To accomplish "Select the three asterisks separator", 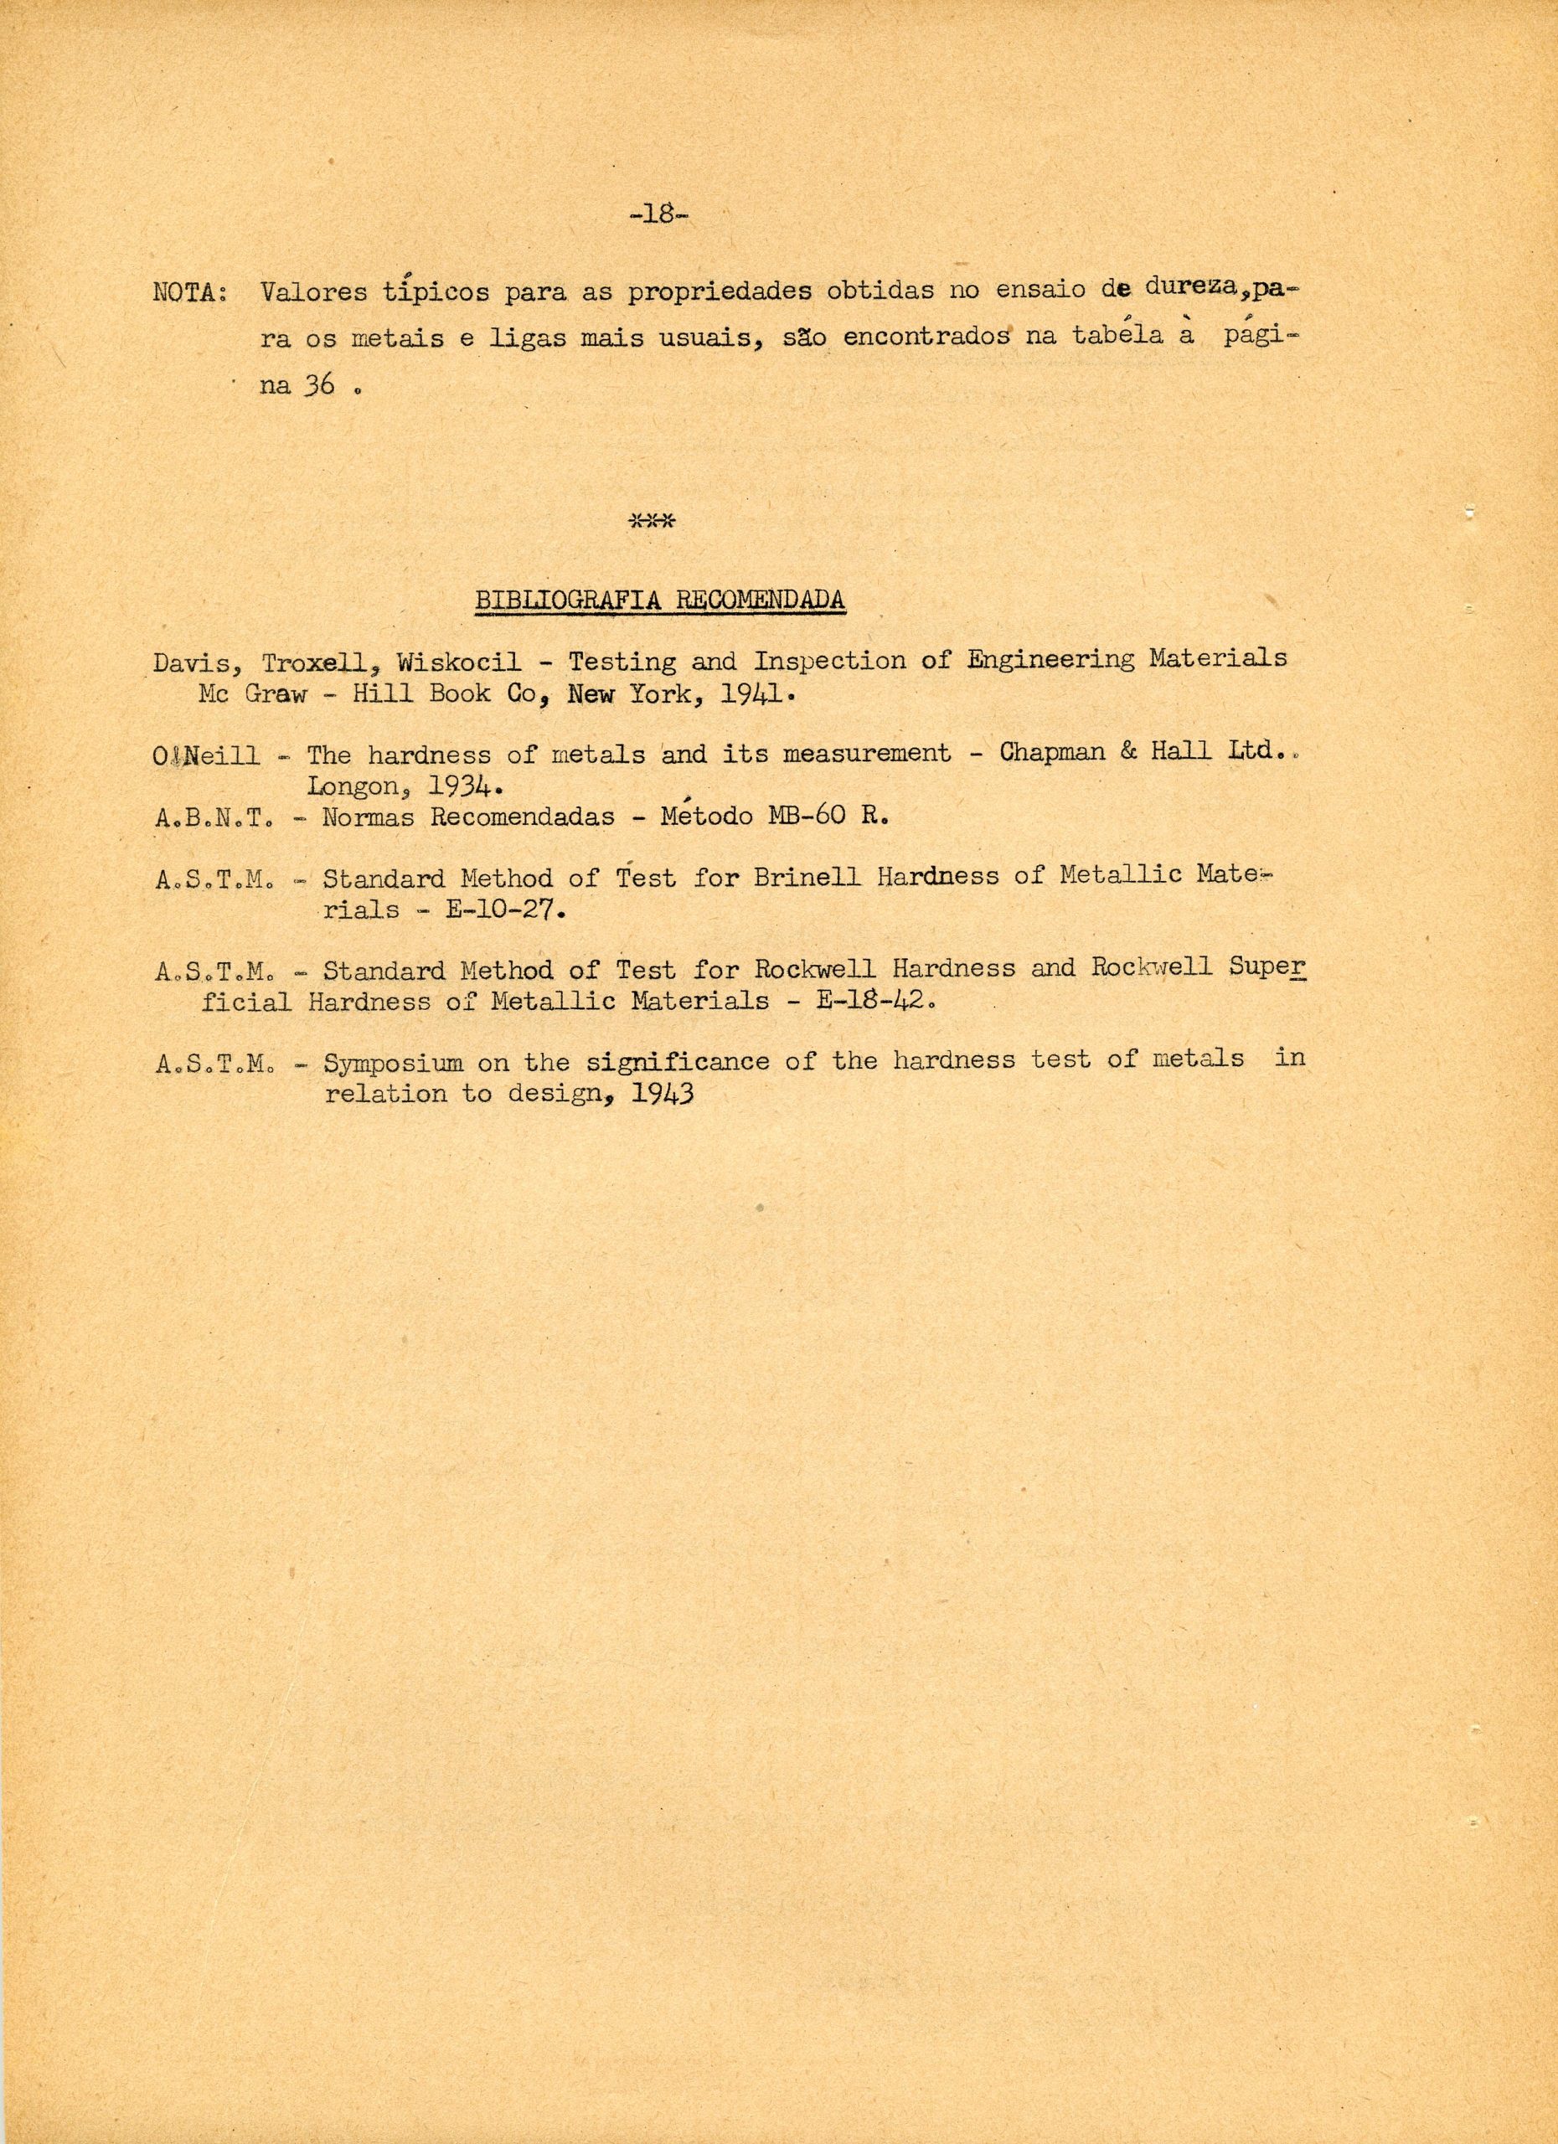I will pyautogui.click(x=651, y=521).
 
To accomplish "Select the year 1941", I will pyautogui.click(x=748, y=695).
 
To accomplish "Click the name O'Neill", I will pyautogui.click(x=209, y=756).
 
